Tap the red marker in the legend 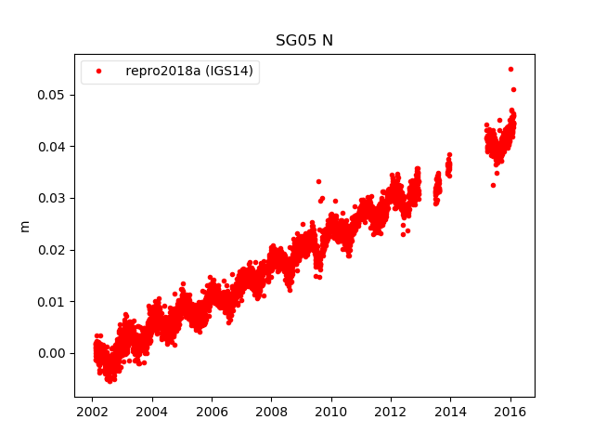tap(99, 72)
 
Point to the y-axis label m tap(25, 226)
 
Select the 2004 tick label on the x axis tap(152, 412)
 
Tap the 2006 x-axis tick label tap(212, 412)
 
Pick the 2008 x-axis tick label tap(271, 412)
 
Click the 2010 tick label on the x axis tap(331, 412)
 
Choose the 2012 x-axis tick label tap(391, 412)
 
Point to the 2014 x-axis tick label tap(450, 412)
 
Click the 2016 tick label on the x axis tap(510, 412)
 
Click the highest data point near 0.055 tap(510, 69)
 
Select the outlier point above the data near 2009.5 tap(318, 181)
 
